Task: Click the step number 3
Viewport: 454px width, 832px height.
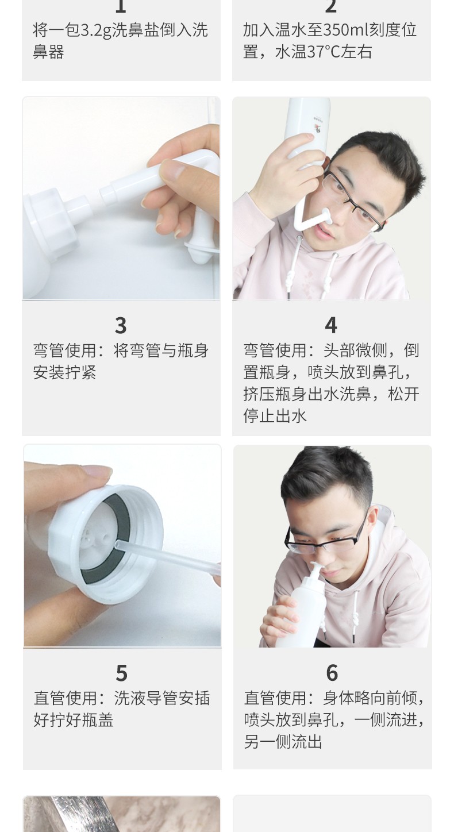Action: [121, 325]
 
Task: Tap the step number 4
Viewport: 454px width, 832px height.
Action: [331, 325]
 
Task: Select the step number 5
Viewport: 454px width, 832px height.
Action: [121, 673]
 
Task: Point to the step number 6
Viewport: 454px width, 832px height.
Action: [332, 673]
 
